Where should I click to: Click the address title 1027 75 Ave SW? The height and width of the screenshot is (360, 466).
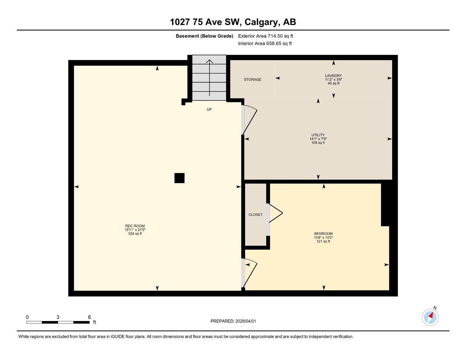(233, 22)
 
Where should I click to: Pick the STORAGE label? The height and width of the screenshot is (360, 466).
(253, 79)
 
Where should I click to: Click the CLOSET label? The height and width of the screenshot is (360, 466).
(255, 214)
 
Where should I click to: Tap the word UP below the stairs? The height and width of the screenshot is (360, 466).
(209, 109)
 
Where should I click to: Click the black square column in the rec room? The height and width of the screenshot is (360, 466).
(179, 178)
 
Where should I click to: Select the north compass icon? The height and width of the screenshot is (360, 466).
(430, 317)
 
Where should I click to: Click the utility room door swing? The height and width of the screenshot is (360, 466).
(250, 119)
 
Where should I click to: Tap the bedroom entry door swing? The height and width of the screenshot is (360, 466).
(250, 272)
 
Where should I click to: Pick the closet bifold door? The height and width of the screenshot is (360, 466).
(276, 213)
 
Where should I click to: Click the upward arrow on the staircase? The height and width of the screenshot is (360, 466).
(209, 77)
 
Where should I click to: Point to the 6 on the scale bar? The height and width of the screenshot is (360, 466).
(89, 317)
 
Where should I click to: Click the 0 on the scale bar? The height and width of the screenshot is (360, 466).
(27, 317)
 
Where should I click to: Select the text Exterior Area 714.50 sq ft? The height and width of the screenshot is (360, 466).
(266, 36)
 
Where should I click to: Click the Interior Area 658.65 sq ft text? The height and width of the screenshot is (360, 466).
(265, 44)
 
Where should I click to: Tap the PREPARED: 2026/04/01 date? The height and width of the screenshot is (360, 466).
(236, 321)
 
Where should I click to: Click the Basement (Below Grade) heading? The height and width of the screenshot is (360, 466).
(204, 36)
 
